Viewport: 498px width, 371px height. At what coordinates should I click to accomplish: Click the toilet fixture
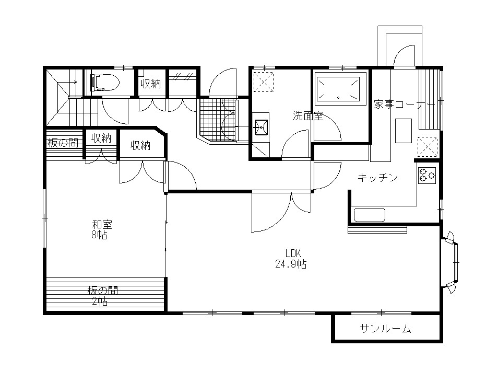click(x=104, y=83)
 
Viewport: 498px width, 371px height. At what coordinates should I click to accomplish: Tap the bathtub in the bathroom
click(x=340, y=88)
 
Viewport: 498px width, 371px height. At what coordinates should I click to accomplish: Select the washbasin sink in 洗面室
click(x=261, y=127)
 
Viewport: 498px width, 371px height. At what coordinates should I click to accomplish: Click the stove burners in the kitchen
click(x=427, y=175)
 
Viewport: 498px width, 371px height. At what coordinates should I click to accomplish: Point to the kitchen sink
click(x=370, y=215)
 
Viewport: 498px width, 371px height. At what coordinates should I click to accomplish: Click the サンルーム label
click(x=386, y=328)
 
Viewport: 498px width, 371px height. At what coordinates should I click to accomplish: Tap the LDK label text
click(x=293, y=253)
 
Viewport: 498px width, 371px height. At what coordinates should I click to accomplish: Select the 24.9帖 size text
click(x=291, y=264)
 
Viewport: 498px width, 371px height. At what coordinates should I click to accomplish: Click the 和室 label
click(x=102, y=225)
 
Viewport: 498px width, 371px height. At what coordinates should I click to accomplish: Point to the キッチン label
click(x=377, y=177)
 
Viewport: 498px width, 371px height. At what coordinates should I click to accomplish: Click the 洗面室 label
click(x=308, y=115)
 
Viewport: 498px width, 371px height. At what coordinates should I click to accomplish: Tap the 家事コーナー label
click(x=405, y=105)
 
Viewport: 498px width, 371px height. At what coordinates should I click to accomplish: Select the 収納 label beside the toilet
click(x=151, y=84)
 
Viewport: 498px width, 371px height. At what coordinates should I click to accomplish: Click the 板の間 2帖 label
click(x=103, y=296)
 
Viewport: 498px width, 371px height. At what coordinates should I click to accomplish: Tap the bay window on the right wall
click(x=450, y=262)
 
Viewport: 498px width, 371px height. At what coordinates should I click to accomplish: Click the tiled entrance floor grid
click(x=219, y=119)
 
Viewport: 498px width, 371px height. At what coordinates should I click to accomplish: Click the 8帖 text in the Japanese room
click(x=99, y=235)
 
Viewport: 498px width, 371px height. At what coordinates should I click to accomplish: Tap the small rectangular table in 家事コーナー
click(x=404, y=131)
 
